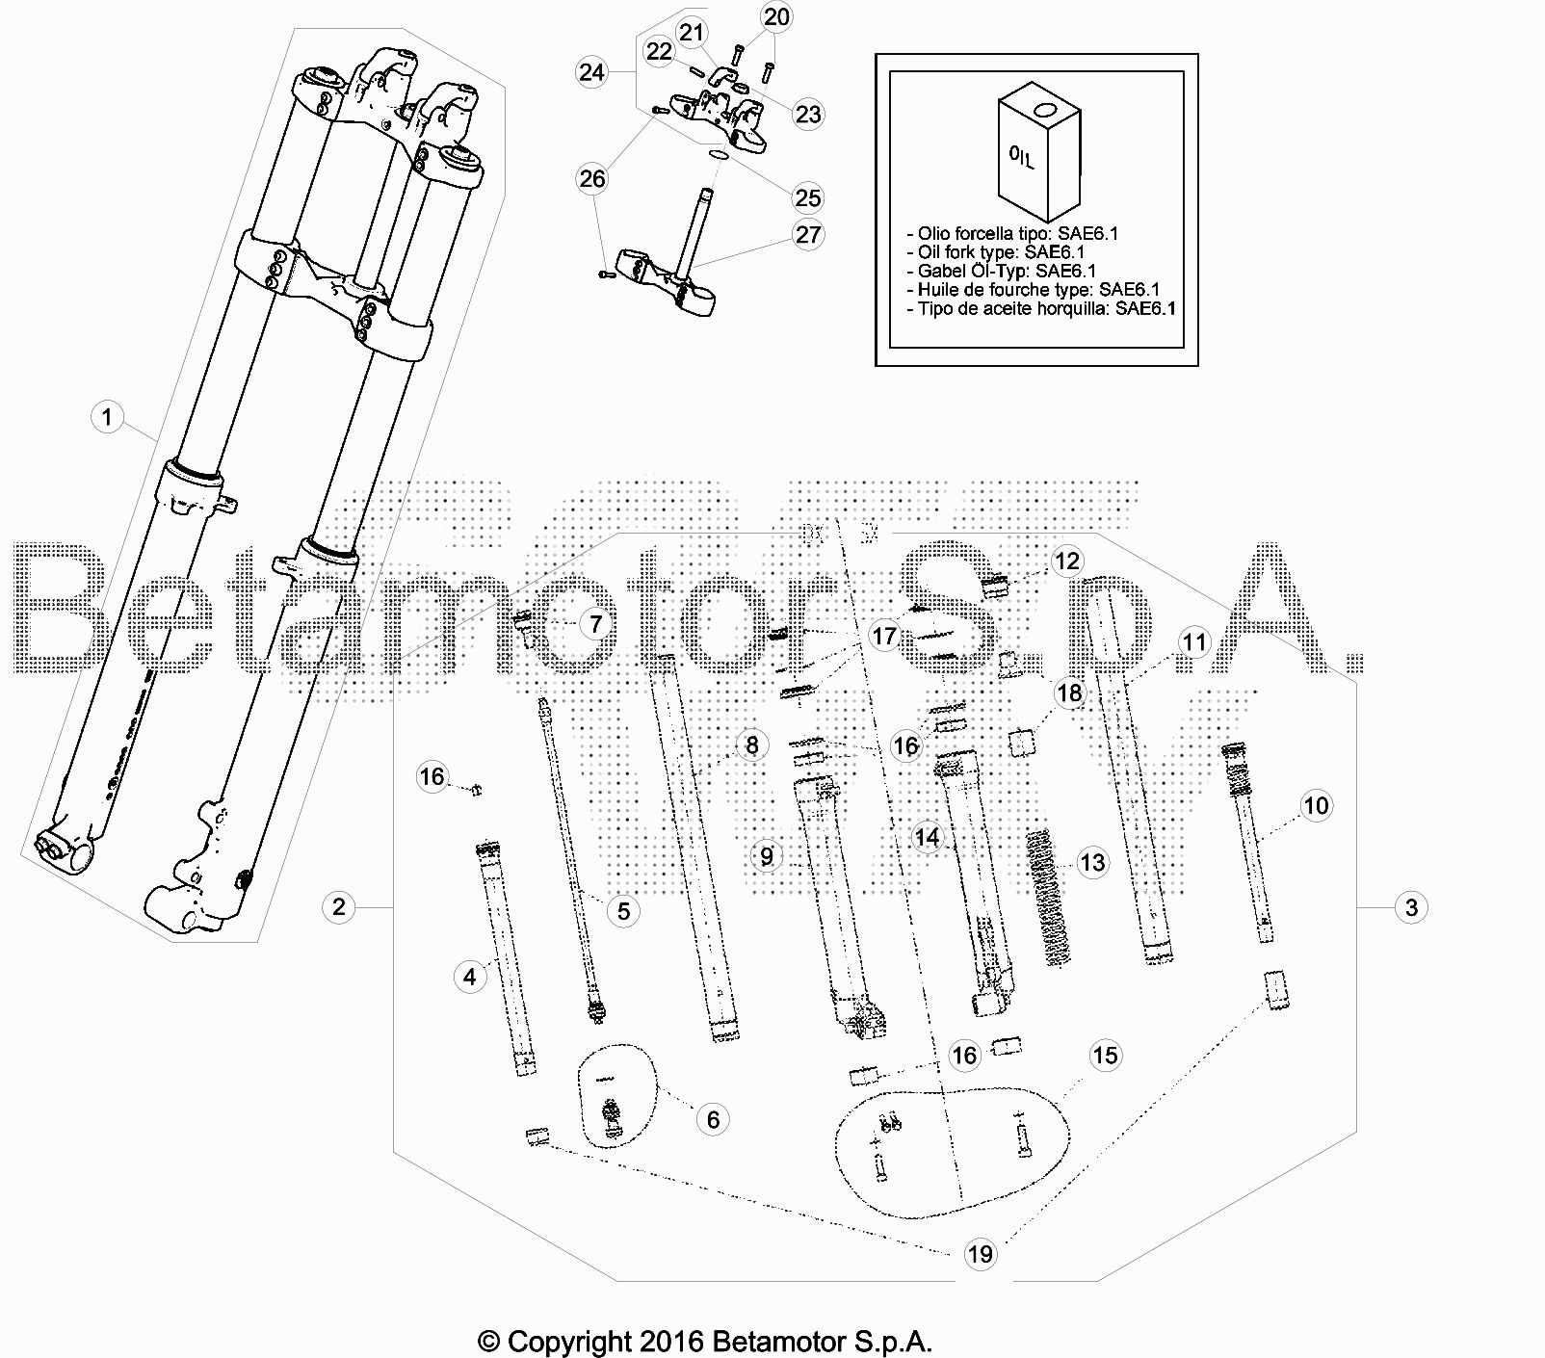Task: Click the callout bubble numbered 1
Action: pos(107,417)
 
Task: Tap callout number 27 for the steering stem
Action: pos(808,234)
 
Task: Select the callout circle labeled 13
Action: pos(1092,862)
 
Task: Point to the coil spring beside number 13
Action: pos(1044,896)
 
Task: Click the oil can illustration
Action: pos(1037,152)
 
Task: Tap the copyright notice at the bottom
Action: pos(705,1340)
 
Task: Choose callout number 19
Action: pos(980,1253)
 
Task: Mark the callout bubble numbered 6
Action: pos(713,1119)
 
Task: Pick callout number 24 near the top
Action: pos(591,72)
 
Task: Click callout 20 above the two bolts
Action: pos(776,16)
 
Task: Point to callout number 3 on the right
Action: pos(1411,906)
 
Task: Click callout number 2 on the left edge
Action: pos(338,906)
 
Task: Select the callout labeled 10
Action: pos(1316,805)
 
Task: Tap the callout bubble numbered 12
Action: pos(1067,561)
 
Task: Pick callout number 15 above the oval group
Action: pos(1105,1055)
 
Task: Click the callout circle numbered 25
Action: pos(808,197)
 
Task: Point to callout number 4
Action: pos(469,977)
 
